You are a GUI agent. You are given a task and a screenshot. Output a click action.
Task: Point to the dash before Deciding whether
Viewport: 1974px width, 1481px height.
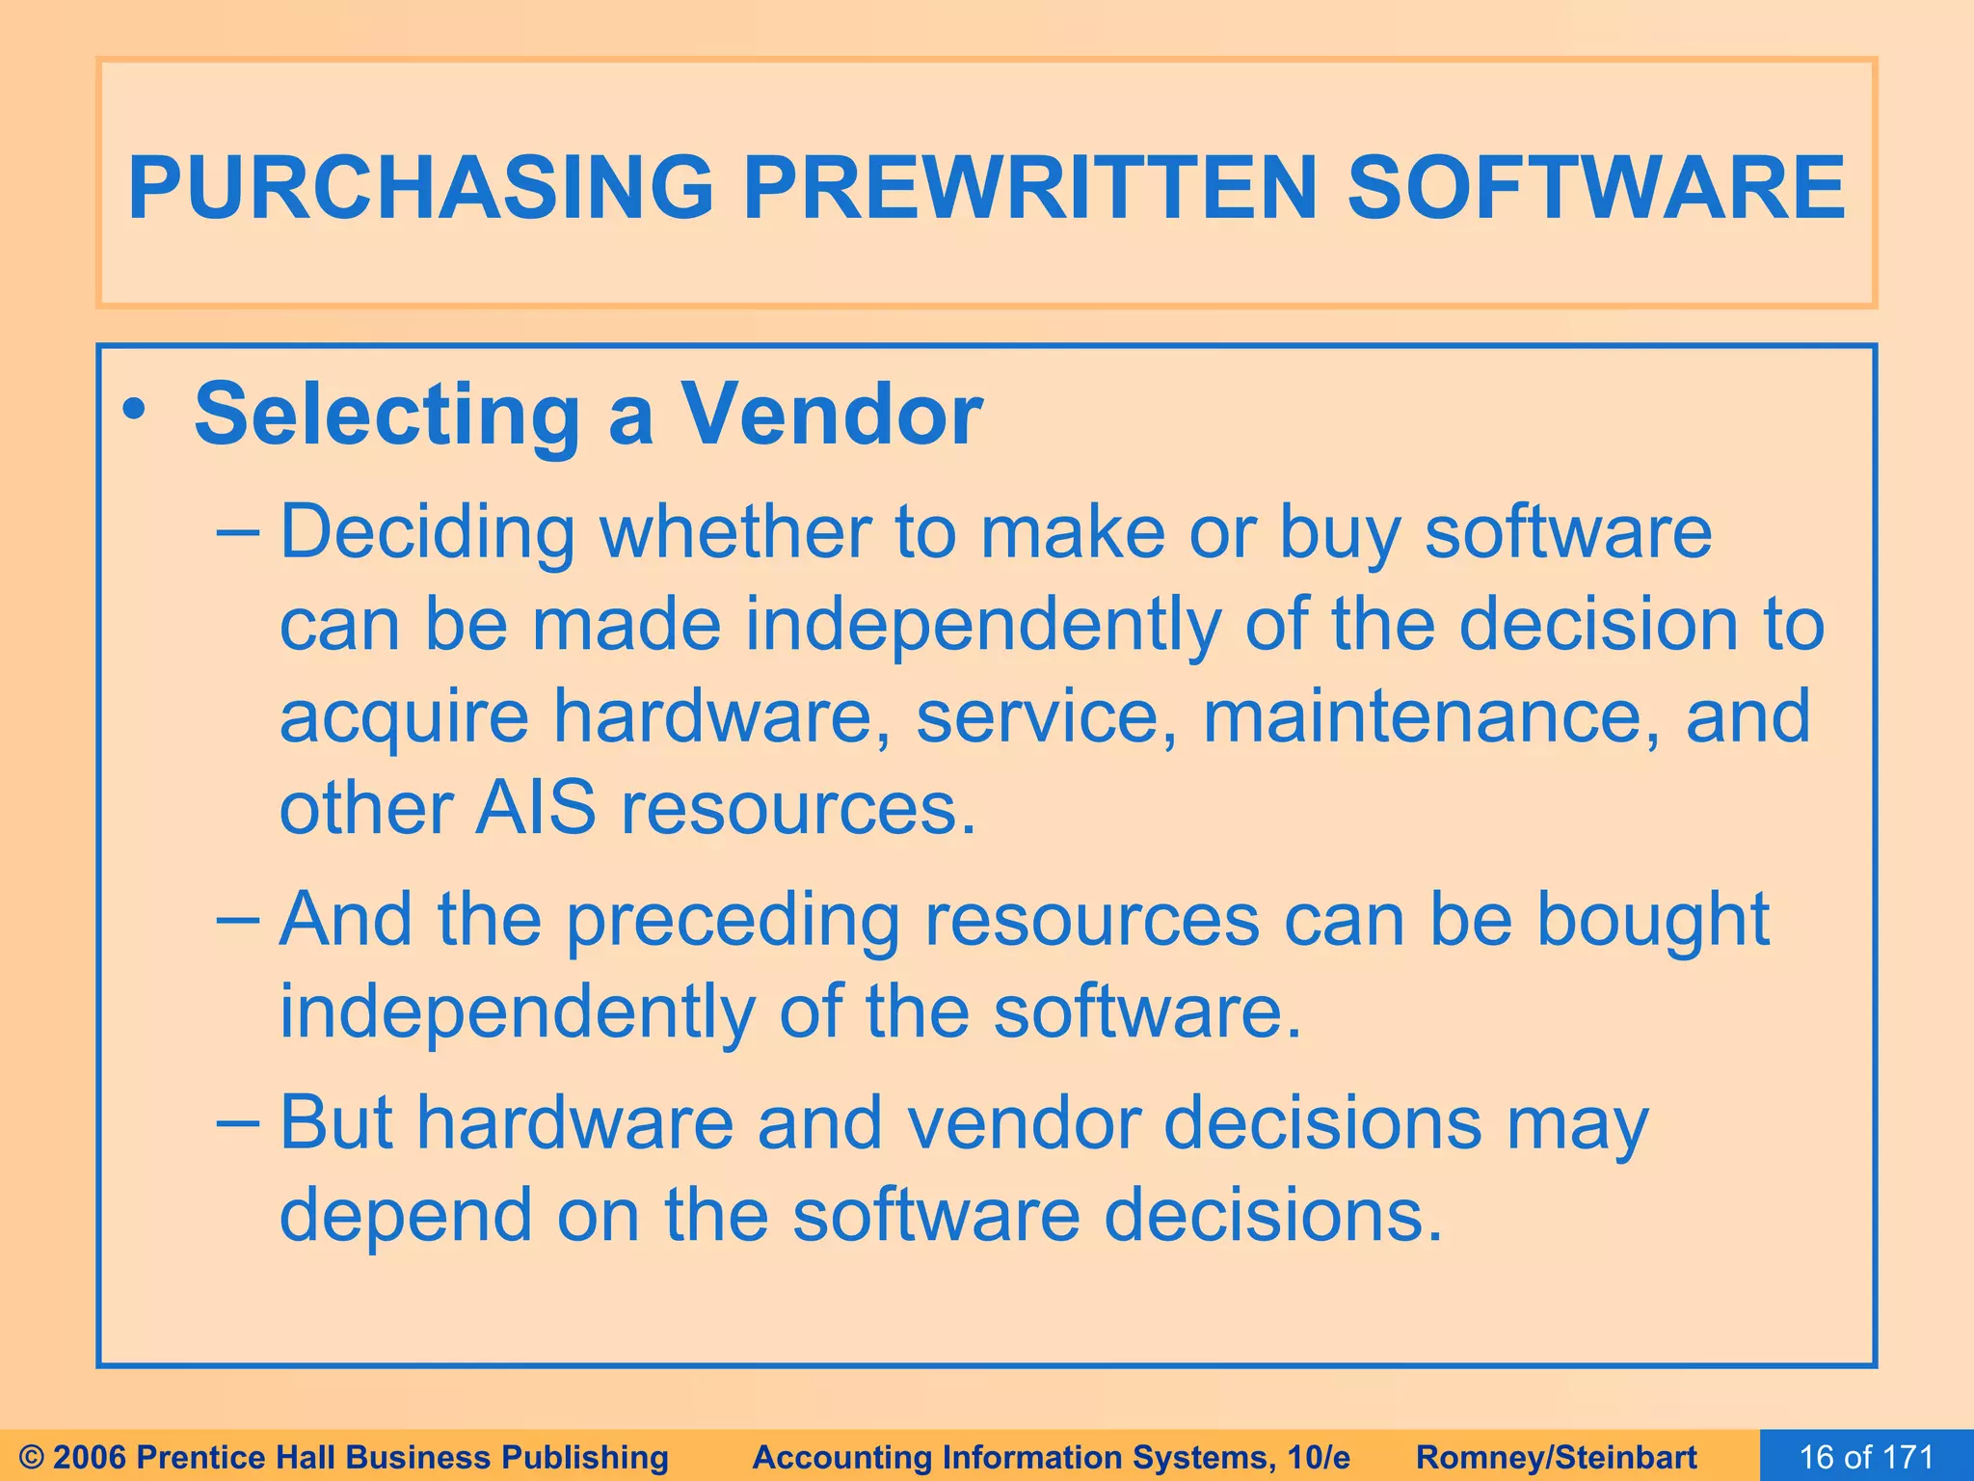[x=237, y=531]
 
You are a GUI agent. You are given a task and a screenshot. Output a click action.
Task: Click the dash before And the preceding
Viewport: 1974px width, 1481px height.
[x=237, y=919]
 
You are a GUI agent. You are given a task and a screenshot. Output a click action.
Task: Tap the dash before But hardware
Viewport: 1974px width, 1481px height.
[x=237, y=1122]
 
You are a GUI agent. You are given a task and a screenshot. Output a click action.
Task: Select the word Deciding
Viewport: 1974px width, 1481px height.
[x=428, y=533]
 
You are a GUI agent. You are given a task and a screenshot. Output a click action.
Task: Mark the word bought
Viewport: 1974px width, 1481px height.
[x=1652, y=922]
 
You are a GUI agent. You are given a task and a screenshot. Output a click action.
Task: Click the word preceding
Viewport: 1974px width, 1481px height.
[x=733, y=922]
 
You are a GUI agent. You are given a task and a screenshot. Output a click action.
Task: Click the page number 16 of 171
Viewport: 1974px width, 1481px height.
[x=1866, y=1457]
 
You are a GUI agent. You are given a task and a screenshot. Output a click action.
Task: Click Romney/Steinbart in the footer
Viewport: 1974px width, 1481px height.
[x=1557, y=1457]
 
